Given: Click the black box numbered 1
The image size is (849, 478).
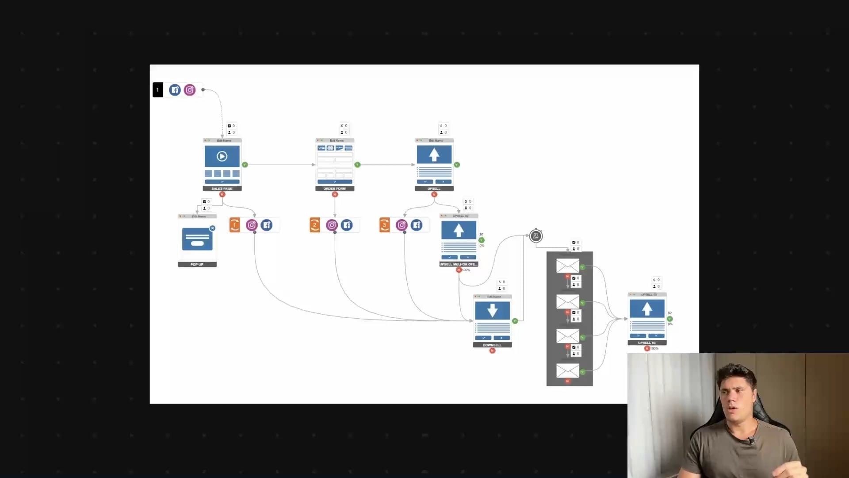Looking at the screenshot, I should tap(157, 90).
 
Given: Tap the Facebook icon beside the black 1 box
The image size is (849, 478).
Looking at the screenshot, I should tap(175, 90).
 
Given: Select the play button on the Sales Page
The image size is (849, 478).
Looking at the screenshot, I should tap(222, 156).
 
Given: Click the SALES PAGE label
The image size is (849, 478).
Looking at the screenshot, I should tap(222, 189).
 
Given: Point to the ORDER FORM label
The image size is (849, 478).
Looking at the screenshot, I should tap(335, 189).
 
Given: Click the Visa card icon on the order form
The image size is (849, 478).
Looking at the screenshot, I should tap(321, 148).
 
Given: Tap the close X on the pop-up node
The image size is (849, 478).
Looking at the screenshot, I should tap(213, 228).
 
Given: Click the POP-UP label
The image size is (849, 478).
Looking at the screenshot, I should tap(197, 265).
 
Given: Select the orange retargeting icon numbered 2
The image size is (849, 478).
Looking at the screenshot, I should tap(315, 225).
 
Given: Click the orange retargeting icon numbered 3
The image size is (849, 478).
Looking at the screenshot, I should tap(385, 225).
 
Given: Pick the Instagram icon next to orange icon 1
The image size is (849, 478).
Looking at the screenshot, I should tap(252, 225).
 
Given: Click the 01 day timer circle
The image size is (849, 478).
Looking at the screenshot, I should tap(536, 236).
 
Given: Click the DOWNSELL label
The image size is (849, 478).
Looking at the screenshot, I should tap(492, 345).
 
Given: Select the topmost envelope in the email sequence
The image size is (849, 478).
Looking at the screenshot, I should tap(568, 266).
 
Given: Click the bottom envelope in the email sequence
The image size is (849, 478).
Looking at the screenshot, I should tap(568, 370).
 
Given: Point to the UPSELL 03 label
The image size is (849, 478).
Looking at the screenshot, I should tap(647, 343).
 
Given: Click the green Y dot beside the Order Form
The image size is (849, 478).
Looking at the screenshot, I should tap(357, 165).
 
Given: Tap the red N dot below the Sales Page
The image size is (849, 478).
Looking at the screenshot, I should tap(222, 194).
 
